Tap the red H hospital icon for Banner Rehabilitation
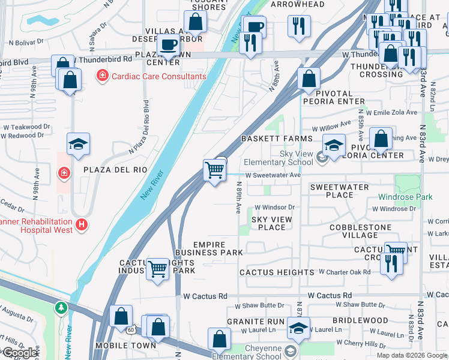click(x=82, y=226)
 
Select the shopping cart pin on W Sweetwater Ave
click(x=214, y=171)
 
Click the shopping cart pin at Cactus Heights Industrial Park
click(x=157, y=269)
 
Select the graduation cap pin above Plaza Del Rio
click(x=78, y=145)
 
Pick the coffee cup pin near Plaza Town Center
click(x=167, y=45)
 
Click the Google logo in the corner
click(x=20, y=353)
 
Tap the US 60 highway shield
click(x=131, y=329)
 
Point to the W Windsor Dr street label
click(x=274, y=208)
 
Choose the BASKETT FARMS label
click(x=277, y=139)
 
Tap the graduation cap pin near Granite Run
click(x=298, y=328)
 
